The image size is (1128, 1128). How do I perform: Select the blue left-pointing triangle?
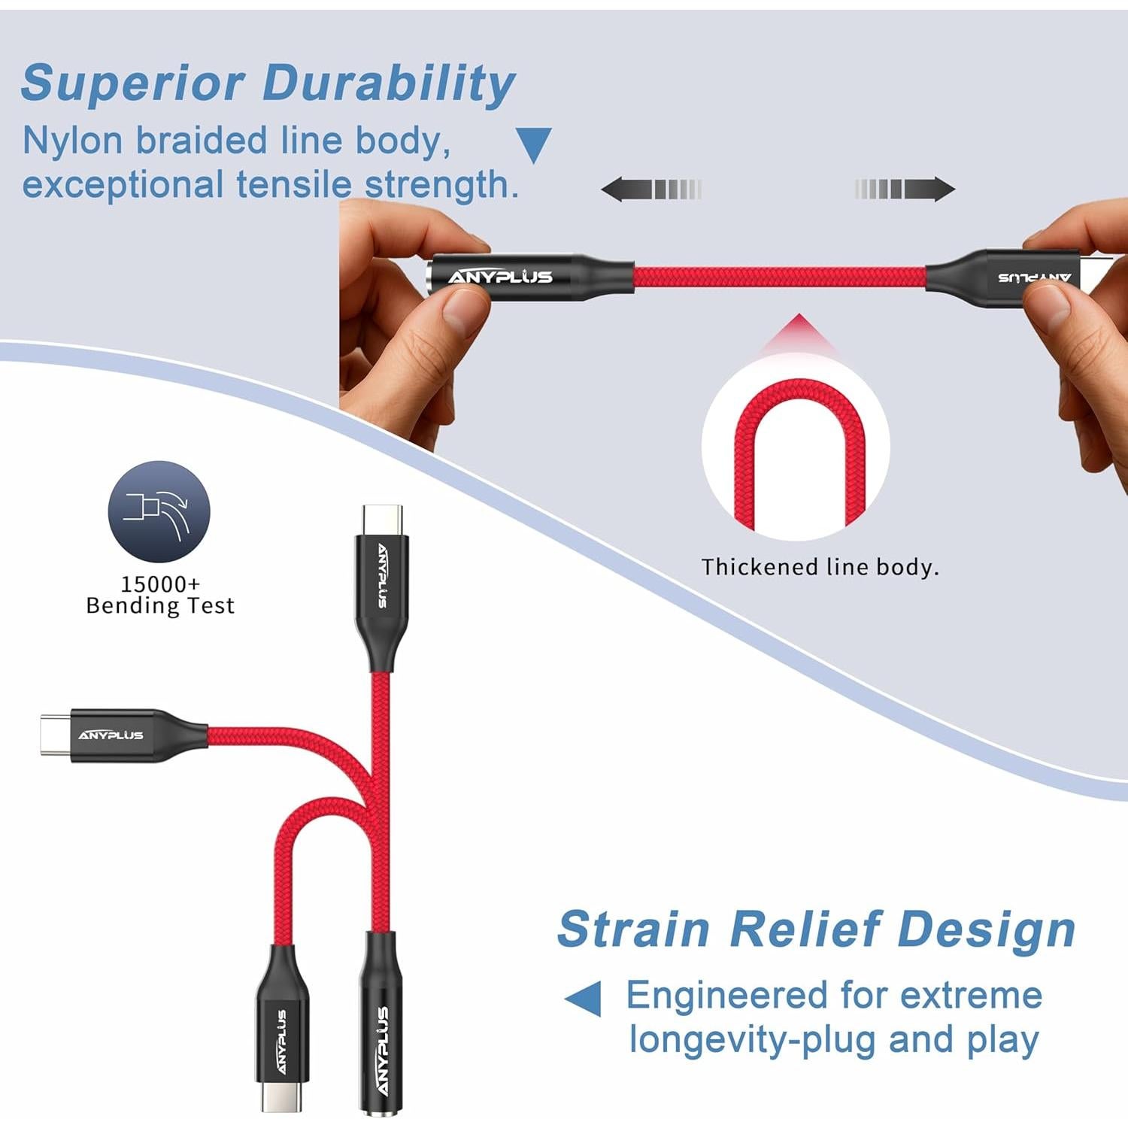tap(584, 999)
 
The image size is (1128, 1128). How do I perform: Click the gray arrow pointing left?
tap(650, 189)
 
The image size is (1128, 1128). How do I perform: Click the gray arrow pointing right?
tap(905, 189)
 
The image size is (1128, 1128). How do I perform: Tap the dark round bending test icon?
tap(159, 511)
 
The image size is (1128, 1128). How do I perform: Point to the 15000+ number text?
tap(160, 584)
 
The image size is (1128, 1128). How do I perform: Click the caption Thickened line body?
tap(820, 567)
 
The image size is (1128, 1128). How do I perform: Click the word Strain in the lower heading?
tap(633, 929)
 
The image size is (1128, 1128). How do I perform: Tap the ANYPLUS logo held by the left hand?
tap(500, 277)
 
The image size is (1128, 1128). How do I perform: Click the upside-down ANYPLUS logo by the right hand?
tap(1035, 277)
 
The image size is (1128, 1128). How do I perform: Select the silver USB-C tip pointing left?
tap(56, 734)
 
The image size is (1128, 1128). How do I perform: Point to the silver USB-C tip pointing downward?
tap(281, 1096)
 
